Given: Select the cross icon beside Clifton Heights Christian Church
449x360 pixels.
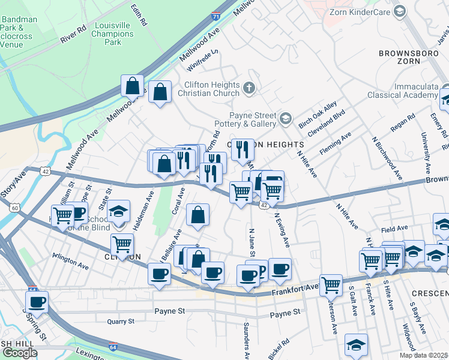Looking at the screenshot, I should tap(249, 89).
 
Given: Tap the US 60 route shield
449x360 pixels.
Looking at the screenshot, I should tap(14, 207).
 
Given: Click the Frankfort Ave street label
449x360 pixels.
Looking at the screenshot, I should tap(294, 290).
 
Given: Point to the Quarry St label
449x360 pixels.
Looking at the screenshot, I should tap(121, 322).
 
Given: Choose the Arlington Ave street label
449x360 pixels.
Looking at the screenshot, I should tap(70, 263).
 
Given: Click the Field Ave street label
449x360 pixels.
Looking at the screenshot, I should tap(394, 229).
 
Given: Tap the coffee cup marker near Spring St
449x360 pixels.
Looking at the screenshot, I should tap(37, 301).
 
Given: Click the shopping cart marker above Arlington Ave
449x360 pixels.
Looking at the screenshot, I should tap(122, 244).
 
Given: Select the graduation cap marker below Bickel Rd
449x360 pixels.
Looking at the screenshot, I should tap(356, 344).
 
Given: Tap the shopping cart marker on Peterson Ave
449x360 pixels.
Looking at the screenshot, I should tap(331, 285).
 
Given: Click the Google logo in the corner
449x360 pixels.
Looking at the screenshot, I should tap(20, 353).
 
